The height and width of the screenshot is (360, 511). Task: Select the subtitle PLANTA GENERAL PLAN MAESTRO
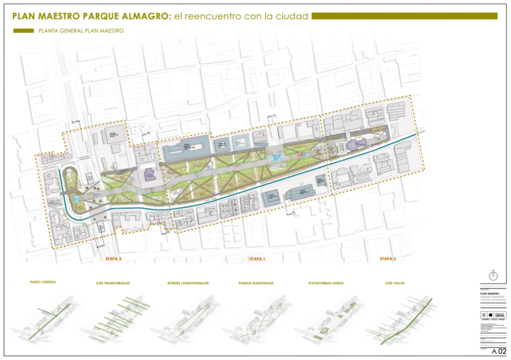click(81, 31)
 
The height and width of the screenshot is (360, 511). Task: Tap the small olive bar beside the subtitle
click(23, 31)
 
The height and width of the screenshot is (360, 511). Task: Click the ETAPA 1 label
click(257, 259)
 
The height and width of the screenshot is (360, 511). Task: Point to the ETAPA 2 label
click(388, 259)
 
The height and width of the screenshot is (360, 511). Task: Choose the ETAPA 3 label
click(113, 259)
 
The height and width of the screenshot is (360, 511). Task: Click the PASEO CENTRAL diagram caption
click(43, 282)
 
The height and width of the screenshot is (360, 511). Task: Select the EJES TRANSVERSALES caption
click(113, 283)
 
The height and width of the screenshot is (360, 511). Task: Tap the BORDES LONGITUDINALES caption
click(188, 283)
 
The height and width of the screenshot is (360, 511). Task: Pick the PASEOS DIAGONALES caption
click(256, 283)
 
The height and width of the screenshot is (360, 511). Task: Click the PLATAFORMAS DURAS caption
click(326, 283)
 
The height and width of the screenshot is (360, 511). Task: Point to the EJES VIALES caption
click(395, 283)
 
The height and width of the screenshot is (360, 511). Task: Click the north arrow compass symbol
click(493, 276)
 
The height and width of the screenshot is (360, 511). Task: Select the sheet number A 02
click(499, 351)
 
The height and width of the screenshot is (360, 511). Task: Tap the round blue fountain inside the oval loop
click(76, 199)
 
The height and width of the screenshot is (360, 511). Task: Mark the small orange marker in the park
click(299, 156)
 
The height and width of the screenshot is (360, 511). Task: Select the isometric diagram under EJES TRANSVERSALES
click(115, 319)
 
